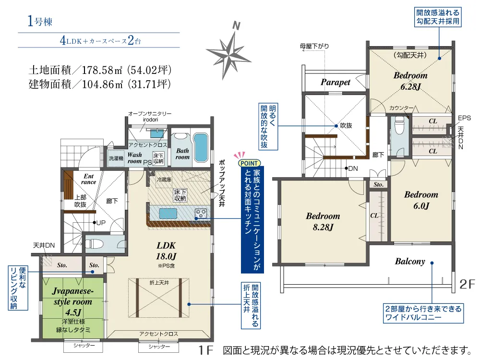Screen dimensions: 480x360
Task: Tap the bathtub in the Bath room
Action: [x=201, y=147]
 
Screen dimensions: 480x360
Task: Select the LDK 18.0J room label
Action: [x=166, y=251]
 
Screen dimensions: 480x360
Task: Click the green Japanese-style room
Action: [x=73, y=308]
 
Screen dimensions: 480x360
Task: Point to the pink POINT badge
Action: [x=249, y=163]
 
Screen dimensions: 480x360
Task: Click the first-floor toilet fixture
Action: [x=92, y=244]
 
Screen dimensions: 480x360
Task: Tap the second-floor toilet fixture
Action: [x=399, y=125]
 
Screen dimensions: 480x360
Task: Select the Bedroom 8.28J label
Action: [x=323, y=221]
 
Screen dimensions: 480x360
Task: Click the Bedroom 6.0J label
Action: [x=421, y=200]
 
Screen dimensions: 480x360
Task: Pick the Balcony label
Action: [x=410, y=262]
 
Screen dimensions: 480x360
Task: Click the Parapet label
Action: [x=336, y=82]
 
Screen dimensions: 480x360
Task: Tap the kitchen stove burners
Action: [x=201, y=214]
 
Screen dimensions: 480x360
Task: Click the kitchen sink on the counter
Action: [x=168, y=214]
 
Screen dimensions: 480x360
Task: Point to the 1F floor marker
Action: [x=205, y=350]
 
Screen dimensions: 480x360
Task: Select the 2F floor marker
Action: [x=467, y=284]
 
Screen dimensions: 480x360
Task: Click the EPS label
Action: [x=464, y=118]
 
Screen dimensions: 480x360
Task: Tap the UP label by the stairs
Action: [x=101, y=223]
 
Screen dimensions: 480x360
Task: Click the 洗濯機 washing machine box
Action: [x=116, y=158]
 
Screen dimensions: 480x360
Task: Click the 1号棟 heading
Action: [x=40, y=21]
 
